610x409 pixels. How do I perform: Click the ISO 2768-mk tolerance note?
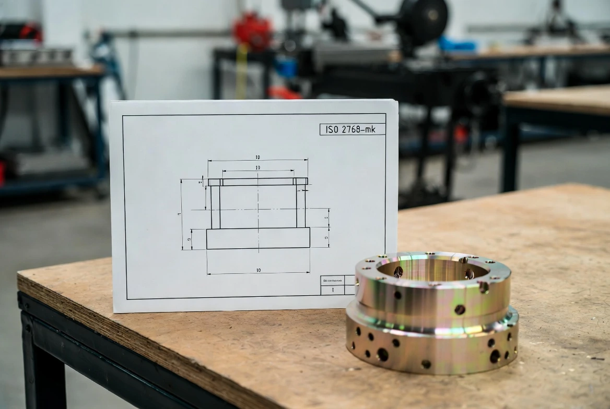click(353, 129)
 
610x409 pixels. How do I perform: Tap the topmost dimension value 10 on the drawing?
click(257, 157)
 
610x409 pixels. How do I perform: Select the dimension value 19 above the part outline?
click(258, 167)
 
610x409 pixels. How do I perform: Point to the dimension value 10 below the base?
click(258, 270)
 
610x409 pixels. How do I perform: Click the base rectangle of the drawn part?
click(258, 238)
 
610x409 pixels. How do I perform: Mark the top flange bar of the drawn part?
click(258, 182)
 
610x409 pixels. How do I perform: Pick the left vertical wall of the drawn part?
click(215, 207)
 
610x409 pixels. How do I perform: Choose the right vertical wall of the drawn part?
click(301, 207)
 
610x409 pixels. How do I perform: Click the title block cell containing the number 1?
click(332, 289)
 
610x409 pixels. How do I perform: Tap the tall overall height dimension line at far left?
click(182, 214)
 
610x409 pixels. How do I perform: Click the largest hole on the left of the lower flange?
click(382, 354)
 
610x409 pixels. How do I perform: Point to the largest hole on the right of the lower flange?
click(494, 356)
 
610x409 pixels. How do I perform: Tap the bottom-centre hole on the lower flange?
click(426, 364)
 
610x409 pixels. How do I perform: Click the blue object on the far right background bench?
click(457, 44)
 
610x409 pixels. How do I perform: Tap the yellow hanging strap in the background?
click(241, 73)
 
